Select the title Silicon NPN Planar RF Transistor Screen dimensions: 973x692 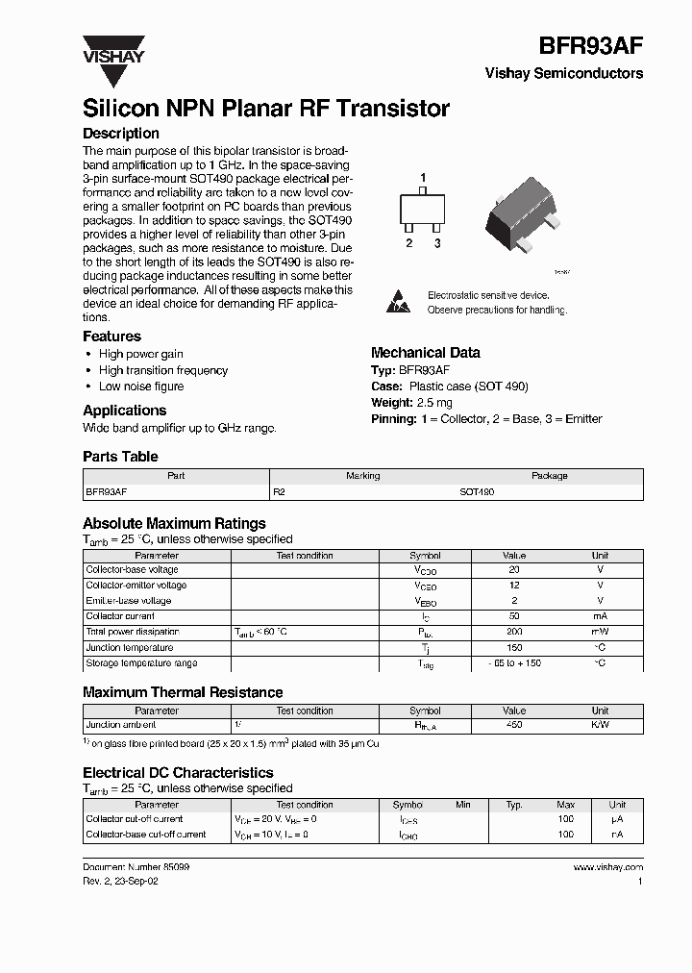point(266,109)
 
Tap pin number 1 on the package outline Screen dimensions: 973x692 point(422,178)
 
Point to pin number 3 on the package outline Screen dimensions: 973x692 point(436,243)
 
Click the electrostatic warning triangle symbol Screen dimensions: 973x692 point(398,300)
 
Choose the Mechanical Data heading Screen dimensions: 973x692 point(425,353)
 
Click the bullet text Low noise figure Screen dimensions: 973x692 point(141,387)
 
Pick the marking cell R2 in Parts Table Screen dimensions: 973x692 point(281,491)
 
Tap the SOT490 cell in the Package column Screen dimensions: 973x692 point(477,491)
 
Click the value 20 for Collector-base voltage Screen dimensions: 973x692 point(513,570)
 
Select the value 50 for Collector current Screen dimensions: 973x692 point(513,616)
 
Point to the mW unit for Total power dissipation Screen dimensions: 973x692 point(600,632)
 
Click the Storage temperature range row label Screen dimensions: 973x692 point(141,663)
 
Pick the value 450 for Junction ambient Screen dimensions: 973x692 point(513,725)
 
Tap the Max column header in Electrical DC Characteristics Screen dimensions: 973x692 point(565,805)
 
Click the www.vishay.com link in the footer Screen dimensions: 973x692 point(607,867)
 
